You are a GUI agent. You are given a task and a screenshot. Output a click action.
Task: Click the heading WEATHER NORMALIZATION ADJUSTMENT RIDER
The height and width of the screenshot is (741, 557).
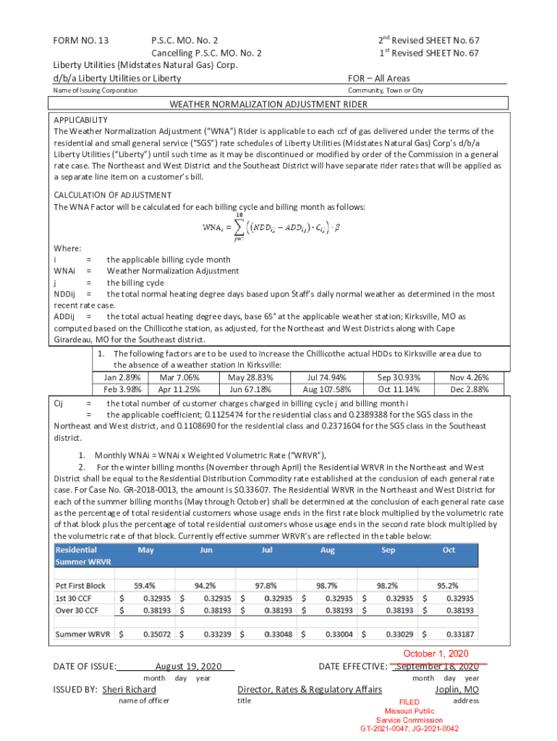[268, 104]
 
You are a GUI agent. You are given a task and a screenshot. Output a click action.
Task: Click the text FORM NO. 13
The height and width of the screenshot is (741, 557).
[80, 41]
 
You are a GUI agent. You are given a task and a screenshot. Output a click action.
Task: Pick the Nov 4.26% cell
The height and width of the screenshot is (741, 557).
[469, 377]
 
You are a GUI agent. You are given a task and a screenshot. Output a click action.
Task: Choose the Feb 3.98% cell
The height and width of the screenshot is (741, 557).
[122, 389]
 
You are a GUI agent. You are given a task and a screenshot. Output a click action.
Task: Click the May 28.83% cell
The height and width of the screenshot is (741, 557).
[250, 377]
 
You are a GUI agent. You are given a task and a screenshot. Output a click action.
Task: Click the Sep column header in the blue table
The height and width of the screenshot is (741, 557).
[388, 550]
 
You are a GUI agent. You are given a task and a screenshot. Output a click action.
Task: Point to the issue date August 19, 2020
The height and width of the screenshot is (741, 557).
[188, 666]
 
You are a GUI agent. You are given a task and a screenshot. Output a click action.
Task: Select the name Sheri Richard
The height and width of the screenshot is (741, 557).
[129, 690]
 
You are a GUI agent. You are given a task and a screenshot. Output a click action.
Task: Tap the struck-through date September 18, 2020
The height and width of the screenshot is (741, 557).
[437, 666]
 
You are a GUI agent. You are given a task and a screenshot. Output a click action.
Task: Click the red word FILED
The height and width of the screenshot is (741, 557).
[409, 702]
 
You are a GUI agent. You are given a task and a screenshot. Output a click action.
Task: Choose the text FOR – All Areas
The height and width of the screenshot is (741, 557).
[379, 78]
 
